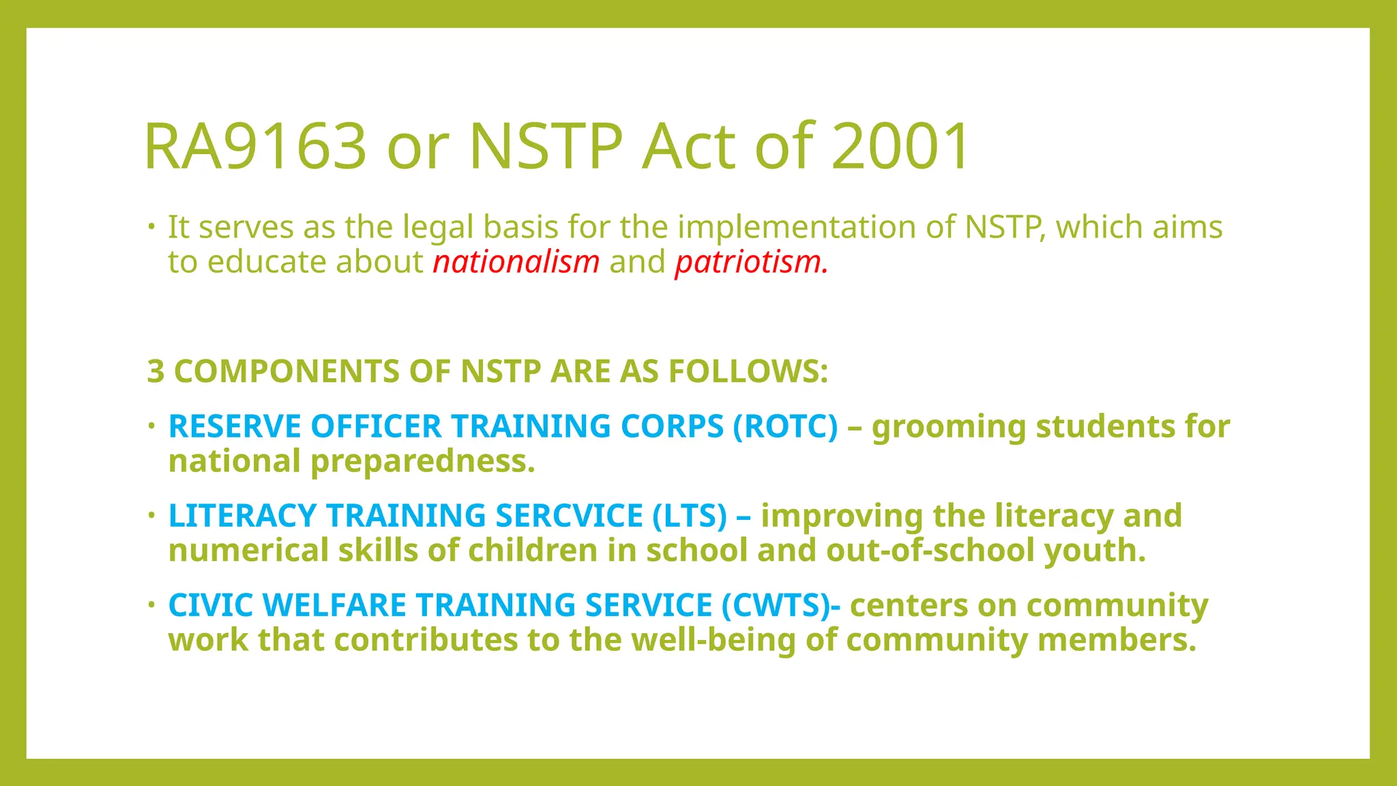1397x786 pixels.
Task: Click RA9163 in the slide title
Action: (256, 146)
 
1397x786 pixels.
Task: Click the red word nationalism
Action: (516, 262)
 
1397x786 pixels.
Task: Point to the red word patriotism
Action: (751, 262)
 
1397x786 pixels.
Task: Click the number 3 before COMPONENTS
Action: (156, 372)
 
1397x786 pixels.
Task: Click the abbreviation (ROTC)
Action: (785, 426)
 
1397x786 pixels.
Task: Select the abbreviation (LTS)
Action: (690, 516)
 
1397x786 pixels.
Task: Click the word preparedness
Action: (422, 462)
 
